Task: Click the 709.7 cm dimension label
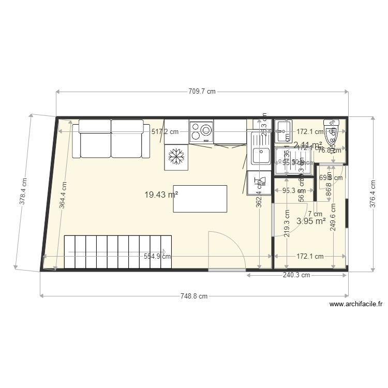(202, 92)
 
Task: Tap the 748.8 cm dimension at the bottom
(194, 296)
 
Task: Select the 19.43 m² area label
(161, 195)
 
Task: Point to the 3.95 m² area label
(311, 221)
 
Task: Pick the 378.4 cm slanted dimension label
(23, 192)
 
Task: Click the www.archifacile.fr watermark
(355, 305)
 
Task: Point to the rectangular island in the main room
(200, 199)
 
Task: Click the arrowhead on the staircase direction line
(163, 252)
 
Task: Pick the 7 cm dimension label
(315, 214)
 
